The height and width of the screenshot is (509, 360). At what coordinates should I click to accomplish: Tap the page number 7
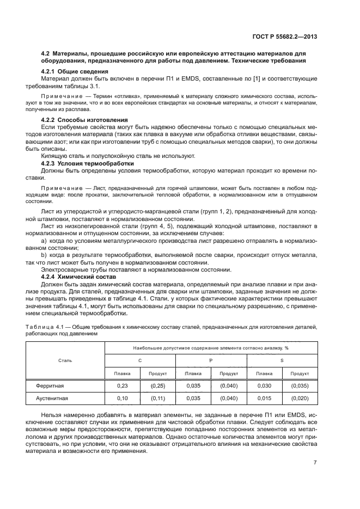tap(316, 463)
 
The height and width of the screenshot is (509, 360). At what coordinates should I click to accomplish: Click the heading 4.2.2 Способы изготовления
tap(85, 119)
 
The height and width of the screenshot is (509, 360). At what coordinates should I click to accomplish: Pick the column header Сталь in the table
tap(65, 360)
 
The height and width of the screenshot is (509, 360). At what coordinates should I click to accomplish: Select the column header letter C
tap(139, 360)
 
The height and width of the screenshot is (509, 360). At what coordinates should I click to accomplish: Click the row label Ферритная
tap(50, 385)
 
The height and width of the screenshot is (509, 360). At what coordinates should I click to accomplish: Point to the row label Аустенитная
tap(52, 398)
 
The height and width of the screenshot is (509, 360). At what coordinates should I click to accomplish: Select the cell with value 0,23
tap(122, 385)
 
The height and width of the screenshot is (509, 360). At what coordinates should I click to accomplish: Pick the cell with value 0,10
tap(122, 398)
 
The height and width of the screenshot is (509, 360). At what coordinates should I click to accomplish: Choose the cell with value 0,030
tap(264, 385)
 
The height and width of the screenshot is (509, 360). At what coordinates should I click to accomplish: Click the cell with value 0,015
tap(264, 398)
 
